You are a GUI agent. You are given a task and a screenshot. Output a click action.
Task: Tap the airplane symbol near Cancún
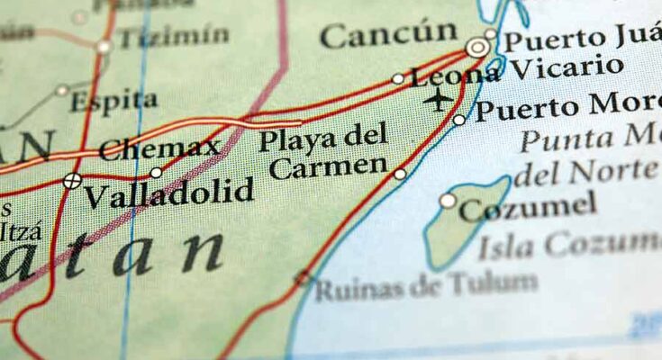click(x=438, y=100)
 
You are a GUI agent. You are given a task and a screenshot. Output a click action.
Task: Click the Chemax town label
click(x=159, y=148)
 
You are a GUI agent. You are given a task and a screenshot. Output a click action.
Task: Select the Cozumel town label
click(x=527, y=208)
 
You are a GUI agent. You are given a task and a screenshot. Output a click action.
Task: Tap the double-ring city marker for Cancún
click(x=477, y=48)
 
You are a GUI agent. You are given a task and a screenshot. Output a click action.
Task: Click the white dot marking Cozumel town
click(x=448, y=201)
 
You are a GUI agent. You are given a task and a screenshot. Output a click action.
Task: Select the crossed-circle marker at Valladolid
click(x=72, y=181)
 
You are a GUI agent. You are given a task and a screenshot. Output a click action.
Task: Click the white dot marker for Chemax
click(x=156, y=172)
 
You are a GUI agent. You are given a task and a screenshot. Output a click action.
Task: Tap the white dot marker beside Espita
click(x=62, y=90)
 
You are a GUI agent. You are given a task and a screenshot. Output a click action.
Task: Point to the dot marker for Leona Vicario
click(x=398, y=79)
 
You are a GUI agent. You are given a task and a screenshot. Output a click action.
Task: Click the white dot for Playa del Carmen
click(x=400, y=174)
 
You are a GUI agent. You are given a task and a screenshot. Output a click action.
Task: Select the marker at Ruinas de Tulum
click(x=303, y=278)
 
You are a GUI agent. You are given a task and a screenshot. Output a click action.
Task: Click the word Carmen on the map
click(x=328, y=167)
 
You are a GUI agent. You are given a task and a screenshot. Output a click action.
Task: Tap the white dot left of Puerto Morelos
click(x=459, y=120)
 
